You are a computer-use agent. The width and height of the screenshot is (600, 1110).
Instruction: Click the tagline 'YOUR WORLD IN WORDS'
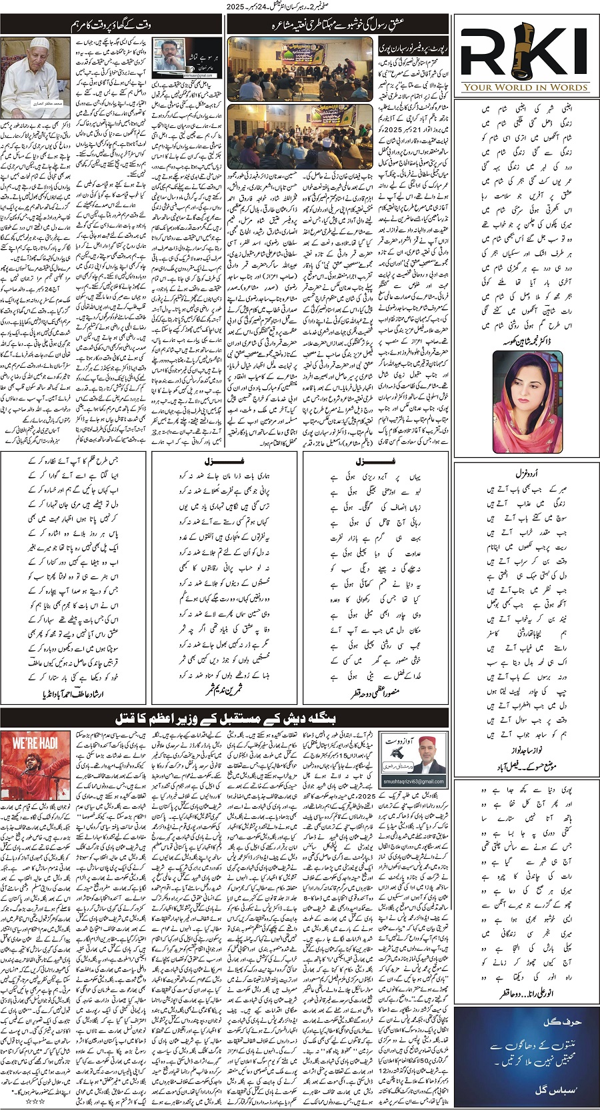[525, 87]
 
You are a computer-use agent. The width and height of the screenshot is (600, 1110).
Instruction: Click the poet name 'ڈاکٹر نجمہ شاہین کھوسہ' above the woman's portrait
[526, 341]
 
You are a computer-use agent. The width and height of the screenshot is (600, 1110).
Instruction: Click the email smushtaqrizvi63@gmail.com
[413, 782]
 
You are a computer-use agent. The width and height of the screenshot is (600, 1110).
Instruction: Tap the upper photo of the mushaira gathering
[300, 68]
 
